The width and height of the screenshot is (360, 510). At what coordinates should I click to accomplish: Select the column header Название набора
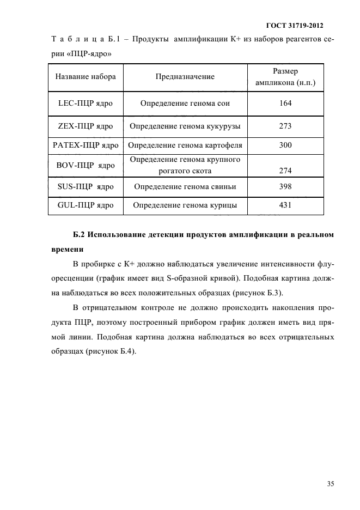[x=86, y=77]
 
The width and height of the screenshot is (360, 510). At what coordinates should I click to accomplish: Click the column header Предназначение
[x=185, y=77]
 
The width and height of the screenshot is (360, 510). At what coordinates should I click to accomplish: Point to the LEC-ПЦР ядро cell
[x=86, y=103]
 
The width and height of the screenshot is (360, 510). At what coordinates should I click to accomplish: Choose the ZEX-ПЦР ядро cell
[x=86, y=126]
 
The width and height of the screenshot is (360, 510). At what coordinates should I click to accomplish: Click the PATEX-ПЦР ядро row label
[x=86, y=145]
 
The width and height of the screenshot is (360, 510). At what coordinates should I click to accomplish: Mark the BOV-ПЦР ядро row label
[x=86, y=165]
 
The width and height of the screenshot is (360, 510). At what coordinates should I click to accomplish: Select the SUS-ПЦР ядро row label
[x=86, y=186]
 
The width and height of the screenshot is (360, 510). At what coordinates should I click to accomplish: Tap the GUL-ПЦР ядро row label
[x=86, y=205]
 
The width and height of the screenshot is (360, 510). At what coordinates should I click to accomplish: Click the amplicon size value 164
[x=285, y=103]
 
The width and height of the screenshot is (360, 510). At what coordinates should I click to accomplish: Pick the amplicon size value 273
[x=285, y=126]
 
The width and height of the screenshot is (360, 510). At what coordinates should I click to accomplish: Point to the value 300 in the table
[x=285, y=145]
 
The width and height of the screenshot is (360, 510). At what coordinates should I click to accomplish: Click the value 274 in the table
[x=285, y=171]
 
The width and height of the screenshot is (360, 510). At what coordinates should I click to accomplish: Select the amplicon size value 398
[x=285, y=186]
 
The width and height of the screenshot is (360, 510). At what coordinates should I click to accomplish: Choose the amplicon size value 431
[x=285, y=205]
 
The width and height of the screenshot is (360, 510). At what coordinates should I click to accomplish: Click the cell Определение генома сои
[x=185, y=103]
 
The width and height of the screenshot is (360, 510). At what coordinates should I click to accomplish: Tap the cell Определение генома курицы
[x=185, y=205]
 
